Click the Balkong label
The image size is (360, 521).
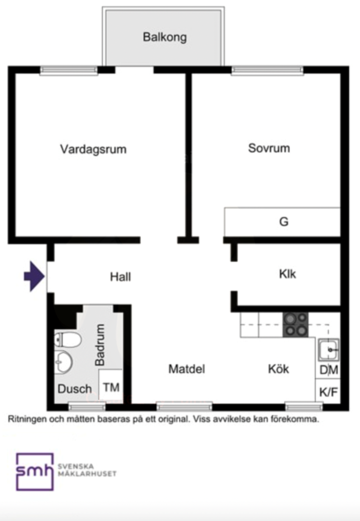(x=165, y=37)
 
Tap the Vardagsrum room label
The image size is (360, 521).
(x=94, y=149)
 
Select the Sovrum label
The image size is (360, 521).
(x=269, y=148)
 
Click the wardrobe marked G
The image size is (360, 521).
(x=282, y=222)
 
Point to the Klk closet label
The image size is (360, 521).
(x=288, y=274)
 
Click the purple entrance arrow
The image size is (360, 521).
(x=34, y=276)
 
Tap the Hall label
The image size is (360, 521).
(x=120, y=277)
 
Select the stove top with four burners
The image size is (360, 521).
(x=295, y=325)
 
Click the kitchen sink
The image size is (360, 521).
(x=329, y=350)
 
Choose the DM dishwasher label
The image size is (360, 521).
(x=329, y=370)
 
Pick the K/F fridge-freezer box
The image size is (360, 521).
(x=328, y=391)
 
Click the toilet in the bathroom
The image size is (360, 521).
(x=68, y=340)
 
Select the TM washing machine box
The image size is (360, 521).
(x=111, y=386)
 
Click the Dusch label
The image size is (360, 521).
(x=75, y=389)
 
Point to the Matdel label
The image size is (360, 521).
(x=186, y=369)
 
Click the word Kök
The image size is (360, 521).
(x=278, y=369)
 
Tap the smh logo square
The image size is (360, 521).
(x=35, y=471)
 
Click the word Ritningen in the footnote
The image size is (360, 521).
(x=27, y=419)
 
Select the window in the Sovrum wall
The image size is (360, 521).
(x=268, y=70)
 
